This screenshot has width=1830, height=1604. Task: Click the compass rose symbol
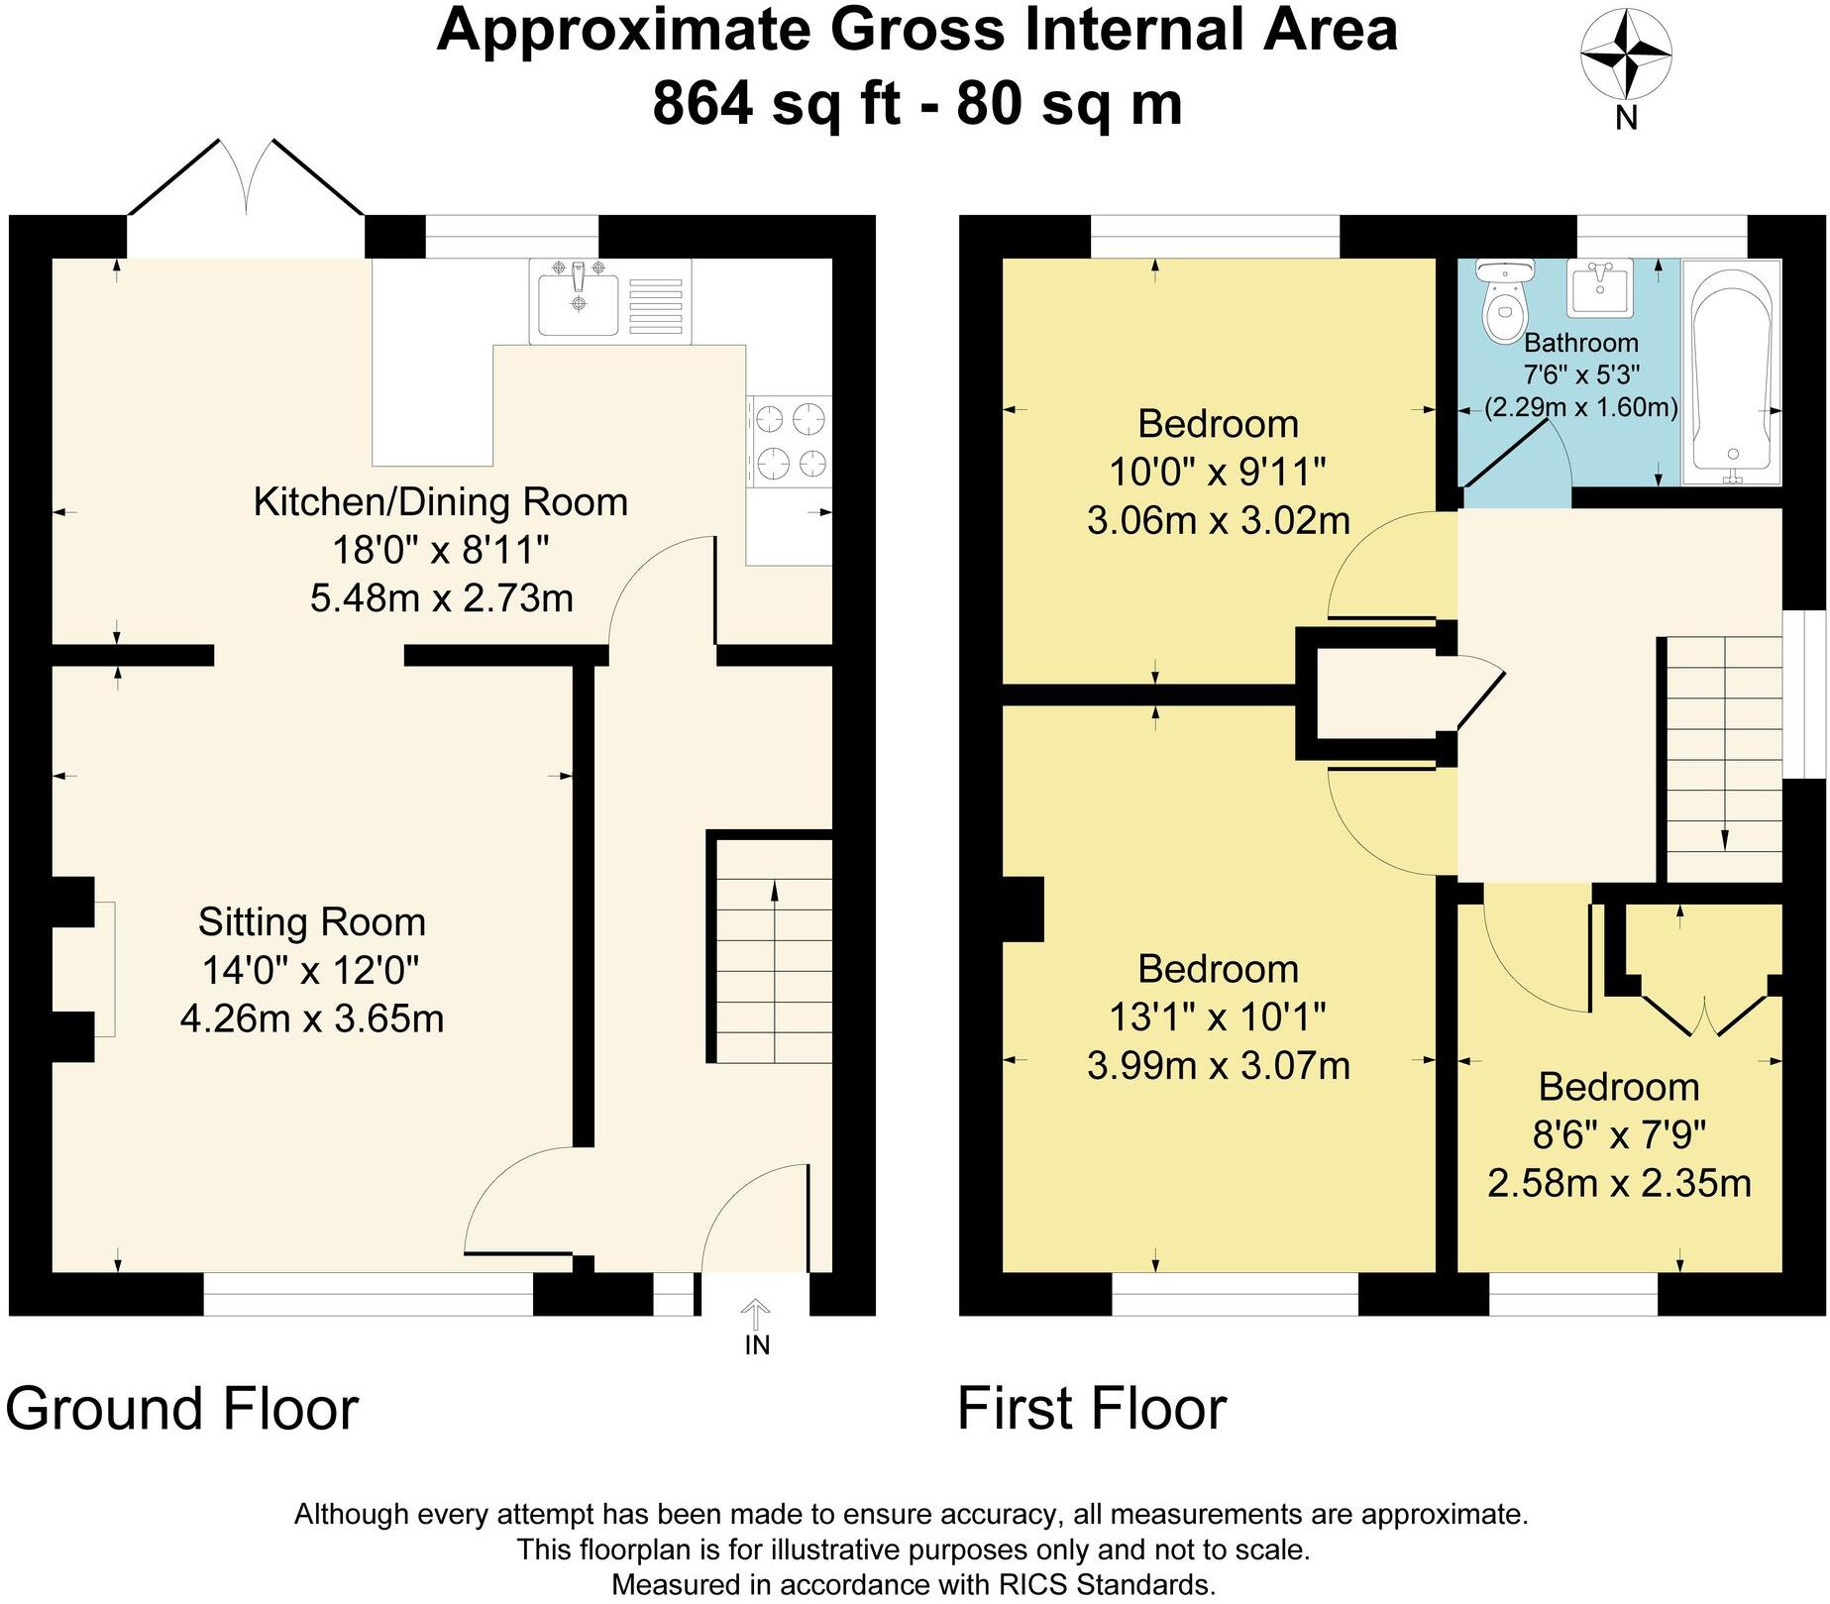[x=1626, y=55]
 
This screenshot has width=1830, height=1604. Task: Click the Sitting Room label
[x=312, y=922]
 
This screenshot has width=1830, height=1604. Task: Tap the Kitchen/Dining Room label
[x=441, y=501]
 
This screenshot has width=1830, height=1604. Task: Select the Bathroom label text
[x=1581, y=343]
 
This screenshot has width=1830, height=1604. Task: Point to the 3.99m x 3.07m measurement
[x=1219, y=1066]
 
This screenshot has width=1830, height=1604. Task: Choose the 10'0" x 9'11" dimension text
[x=1218, y=472]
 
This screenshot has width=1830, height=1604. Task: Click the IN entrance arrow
[x=757, y=1315]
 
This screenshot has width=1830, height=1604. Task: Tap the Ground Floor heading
[x=182, y=1409]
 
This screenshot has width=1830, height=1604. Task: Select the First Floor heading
[x=1093, y=1409]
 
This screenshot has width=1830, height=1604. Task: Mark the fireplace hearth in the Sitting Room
[x=105, y=969]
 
